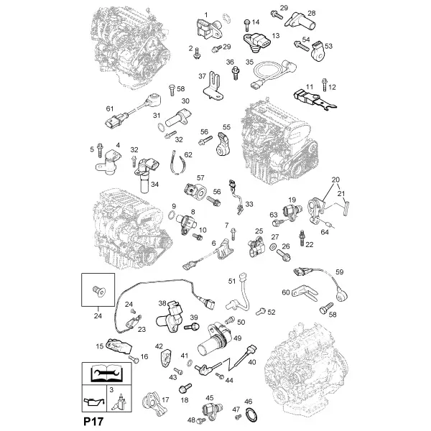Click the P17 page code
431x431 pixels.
(x=93, y=422)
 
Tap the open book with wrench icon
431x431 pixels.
(x=106, y=373)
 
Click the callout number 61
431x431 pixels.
(x=110, y=109)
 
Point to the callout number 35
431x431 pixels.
(x=249, y=62)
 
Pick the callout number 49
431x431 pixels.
(x=237, y=338)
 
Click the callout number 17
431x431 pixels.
(x=165, y=399)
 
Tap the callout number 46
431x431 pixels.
(x=249, y=402)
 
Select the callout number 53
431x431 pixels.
(x=328, y=46)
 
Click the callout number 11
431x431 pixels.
(x=310, y=87)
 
